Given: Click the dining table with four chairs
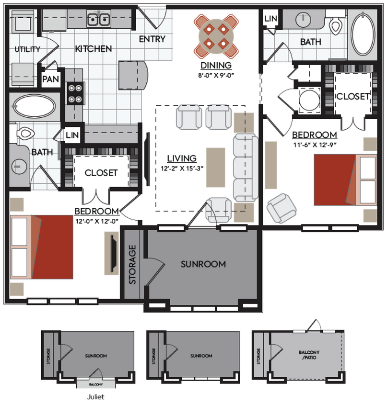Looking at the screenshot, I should [216, 36].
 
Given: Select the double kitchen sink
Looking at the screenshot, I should [100, 20].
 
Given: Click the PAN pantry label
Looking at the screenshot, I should [50, 79].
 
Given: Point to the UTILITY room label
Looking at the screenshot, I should [27, 49].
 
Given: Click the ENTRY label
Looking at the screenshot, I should [152, 39].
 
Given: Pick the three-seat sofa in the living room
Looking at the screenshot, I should [245, 168].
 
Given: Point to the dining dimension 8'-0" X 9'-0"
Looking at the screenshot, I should [216, 75].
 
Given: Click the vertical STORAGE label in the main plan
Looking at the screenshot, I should [133, 264].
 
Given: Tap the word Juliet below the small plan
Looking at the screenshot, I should [96, 396].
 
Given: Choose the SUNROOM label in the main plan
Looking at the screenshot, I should [203, 264].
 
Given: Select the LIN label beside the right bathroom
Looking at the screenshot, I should [270, 18].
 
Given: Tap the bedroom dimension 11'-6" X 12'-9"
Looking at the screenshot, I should [317, 143].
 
